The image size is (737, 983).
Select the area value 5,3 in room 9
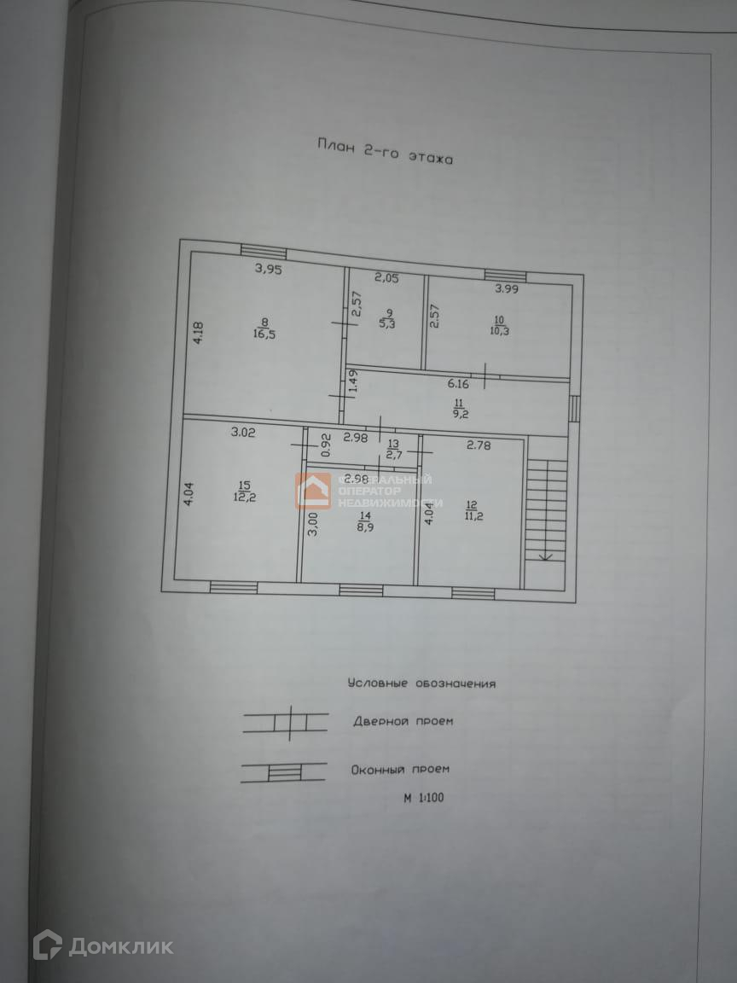tap(387, 324)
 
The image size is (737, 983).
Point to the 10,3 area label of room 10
tap(500, 329)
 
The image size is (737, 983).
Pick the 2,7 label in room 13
tap(393, 455)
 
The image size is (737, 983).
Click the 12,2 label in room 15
tap(244, 497)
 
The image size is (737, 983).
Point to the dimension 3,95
tap(268, 270)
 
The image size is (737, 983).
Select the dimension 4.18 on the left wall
tap(198, 331)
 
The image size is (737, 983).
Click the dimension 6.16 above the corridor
tap(459, 384)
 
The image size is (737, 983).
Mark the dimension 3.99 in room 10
tap(507, 289)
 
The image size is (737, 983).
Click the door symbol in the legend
tap(286, 722)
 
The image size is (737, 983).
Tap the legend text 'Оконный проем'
tap(400, 770)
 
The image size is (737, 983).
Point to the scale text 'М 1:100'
tap(424, 799)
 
